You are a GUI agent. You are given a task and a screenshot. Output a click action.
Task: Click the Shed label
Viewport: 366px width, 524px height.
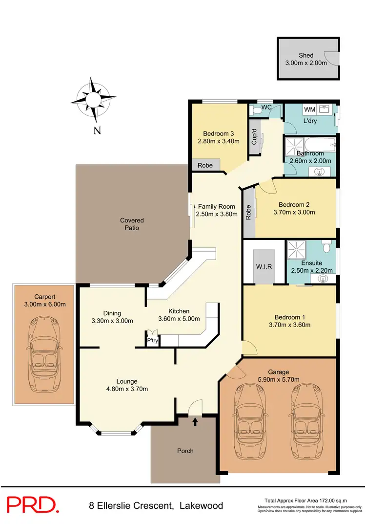[306, 55]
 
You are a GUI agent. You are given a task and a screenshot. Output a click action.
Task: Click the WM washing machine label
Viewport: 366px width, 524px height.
[309, 109]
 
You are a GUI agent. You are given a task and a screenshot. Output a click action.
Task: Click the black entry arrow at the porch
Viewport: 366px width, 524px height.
[195, 421]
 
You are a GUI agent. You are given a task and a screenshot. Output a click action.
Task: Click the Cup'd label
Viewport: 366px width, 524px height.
[254, 136]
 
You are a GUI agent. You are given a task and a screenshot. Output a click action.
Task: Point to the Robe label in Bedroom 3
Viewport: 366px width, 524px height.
[205, 165]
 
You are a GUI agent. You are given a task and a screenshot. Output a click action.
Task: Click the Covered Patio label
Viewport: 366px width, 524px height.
[132, 224]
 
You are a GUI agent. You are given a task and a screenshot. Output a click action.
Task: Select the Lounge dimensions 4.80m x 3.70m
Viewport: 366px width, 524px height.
[127, 389]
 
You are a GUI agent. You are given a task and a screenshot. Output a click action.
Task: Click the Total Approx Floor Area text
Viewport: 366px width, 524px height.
[305, 501]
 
